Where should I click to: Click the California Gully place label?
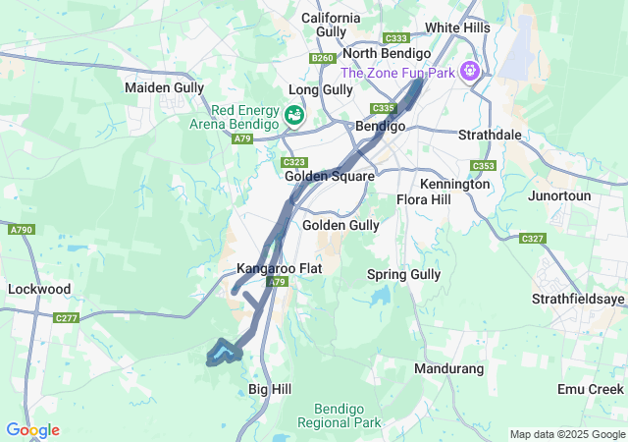point(331,25)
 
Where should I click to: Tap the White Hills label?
point(456,28)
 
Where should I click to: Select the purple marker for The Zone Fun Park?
point(471,71)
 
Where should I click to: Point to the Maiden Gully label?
point(164,87)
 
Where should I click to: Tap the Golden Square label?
point(329,177)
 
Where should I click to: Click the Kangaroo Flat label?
point(279,268)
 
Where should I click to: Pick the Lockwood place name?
point(39,290)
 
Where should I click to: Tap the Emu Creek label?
point(590,390)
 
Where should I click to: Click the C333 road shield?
point(397,37)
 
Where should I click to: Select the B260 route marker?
point(322,59)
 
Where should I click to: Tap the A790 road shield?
point(21,230)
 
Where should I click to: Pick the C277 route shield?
point(67,318)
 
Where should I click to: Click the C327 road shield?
point(533,239)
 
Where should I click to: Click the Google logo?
point(32,430)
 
